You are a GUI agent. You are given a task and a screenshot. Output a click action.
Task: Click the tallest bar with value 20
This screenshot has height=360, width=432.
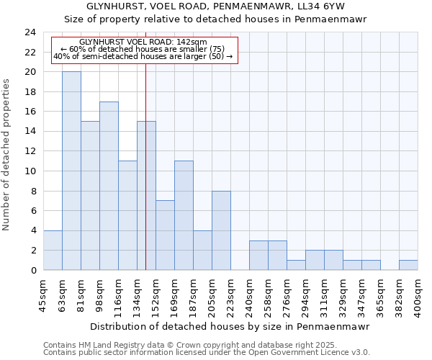click(71, 171)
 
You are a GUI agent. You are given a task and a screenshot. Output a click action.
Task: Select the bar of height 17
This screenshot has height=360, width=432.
click(109, 186)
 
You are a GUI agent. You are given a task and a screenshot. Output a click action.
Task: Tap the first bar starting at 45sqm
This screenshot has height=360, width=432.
click(53, 250)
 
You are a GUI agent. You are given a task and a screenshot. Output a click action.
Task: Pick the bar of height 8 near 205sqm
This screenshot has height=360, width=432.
click(221, 230)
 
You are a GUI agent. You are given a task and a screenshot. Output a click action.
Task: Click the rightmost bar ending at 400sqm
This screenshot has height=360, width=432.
click(408, 265)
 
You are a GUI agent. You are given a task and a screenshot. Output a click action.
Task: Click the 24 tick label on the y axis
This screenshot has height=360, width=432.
click(30, 32)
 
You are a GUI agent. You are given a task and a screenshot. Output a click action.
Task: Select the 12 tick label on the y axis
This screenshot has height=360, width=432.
click(30, 151)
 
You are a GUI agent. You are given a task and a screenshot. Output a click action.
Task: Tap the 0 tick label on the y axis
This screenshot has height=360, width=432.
click(32, 270)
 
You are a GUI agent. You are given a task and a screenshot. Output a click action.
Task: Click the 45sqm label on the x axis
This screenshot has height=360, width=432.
click(43, 294)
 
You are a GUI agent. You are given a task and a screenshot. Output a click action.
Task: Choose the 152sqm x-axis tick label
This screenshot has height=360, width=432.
click(156, 296)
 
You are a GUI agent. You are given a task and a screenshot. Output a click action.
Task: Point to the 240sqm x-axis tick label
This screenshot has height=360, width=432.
click(249, 296)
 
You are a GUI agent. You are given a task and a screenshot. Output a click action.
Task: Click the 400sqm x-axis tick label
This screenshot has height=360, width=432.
click(418, 296)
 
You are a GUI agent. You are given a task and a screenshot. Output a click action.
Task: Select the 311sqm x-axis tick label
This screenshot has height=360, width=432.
click(324, 296)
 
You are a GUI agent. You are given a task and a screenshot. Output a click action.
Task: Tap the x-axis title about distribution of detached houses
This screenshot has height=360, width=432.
click(230, 326)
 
